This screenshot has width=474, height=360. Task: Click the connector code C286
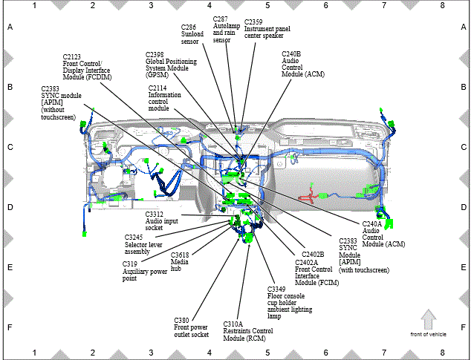tap(189, 27)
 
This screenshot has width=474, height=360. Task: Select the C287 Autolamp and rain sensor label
tap(227, 29)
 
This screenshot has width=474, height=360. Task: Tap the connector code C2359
tap(253, 22)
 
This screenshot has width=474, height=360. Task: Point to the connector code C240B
tap(291, 54)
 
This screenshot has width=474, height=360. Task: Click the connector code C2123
tap(71, 56)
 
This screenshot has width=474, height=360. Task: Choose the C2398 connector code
tap(155, 55)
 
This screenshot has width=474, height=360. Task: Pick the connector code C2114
tap(158, 88)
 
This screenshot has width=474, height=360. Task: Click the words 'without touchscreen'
tap(59, 114)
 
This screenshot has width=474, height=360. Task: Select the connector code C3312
tap(155, 215)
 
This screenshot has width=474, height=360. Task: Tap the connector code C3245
tap(134, 238)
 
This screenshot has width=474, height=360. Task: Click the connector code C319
tap(130, 264)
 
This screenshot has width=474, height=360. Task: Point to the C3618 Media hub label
tap(180, 262)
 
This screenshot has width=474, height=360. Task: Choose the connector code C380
tap(181, 321)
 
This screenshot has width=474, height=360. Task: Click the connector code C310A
tap(233, 324)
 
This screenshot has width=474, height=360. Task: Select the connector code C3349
tap(276, 289)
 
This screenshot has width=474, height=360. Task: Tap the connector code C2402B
tap(313, 255)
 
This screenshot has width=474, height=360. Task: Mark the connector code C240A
tap(371, 224)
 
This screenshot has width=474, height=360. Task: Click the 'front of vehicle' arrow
tap(429, 319)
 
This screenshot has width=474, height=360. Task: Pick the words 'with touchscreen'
tap(364, 270)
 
